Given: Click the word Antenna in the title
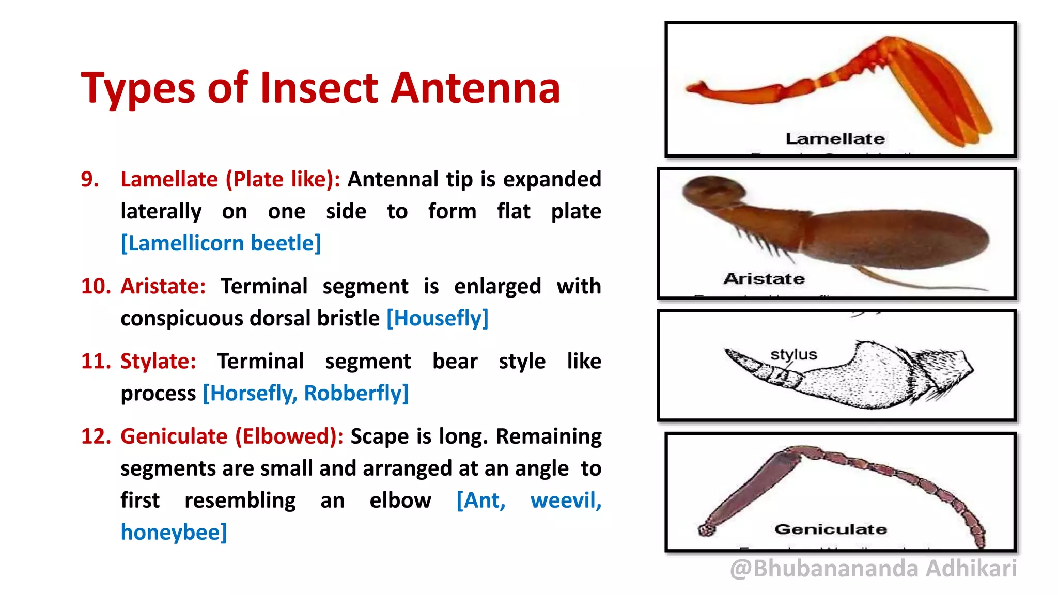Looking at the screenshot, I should (475, 88).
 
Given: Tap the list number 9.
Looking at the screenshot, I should (90, 179).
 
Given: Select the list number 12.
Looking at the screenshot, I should (96, 436).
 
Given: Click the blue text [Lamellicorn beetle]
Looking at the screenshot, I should (221, 243).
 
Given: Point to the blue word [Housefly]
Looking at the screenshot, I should (437, 318).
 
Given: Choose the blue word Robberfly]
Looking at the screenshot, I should (356, 393).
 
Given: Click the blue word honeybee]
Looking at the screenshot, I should (174, 533).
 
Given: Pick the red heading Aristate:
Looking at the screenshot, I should (163, 286).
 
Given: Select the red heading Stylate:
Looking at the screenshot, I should (158, 361).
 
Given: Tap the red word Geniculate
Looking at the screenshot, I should (174, 436).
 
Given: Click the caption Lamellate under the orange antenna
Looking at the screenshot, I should (835, 138).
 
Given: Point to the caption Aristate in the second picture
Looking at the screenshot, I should (764, 279).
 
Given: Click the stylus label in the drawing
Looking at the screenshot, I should (793, 354).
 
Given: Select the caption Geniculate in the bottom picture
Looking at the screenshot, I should (830, 529).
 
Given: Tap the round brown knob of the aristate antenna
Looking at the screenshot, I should (713, 191).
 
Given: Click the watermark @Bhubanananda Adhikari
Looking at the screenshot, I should (873, 569).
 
